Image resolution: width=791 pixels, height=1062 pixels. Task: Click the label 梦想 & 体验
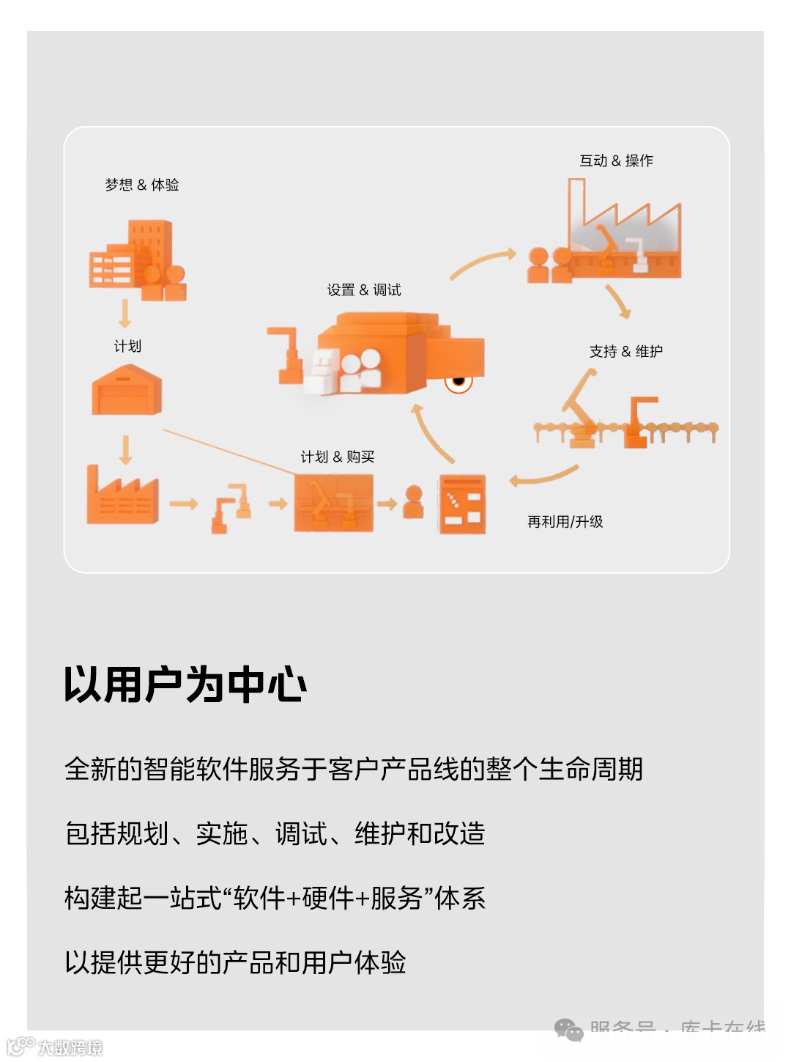[x=142, y=185]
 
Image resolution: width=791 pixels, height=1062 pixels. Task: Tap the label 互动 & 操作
[x=616, y=161]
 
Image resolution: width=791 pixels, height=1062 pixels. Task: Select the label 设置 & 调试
[x=364, y=290]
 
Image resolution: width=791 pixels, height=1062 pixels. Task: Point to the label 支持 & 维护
[x=625, y=352]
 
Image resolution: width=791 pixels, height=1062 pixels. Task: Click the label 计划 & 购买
[x=338, y=457]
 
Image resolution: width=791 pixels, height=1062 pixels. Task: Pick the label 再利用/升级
[x=565, y=522]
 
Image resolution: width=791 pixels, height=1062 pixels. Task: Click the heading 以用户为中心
[x=185, y=685]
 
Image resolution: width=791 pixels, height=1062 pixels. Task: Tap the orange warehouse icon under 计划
[x=127, y=391]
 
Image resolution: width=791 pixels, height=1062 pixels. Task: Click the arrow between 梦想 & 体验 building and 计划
[x=125, y=313]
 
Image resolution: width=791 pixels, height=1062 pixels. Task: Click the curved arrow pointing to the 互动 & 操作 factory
[x=483, y=263]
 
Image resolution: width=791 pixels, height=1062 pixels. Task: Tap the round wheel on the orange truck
[x=459, y=381]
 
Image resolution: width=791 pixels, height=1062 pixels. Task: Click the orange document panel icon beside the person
[x=462, y=504]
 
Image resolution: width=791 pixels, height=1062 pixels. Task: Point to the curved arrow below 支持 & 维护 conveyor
[x=543, y=476]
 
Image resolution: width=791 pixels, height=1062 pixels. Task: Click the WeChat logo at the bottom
[x=568, y=1030]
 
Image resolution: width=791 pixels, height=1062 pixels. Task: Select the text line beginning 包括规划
[x=275, y=834]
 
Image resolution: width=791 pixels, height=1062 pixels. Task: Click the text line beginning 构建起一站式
[x=275, y=899]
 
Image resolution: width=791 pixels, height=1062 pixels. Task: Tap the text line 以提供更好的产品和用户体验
[x=235, y=962]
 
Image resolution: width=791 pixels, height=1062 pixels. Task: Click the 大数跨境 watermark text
[x=70, y=1047]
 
